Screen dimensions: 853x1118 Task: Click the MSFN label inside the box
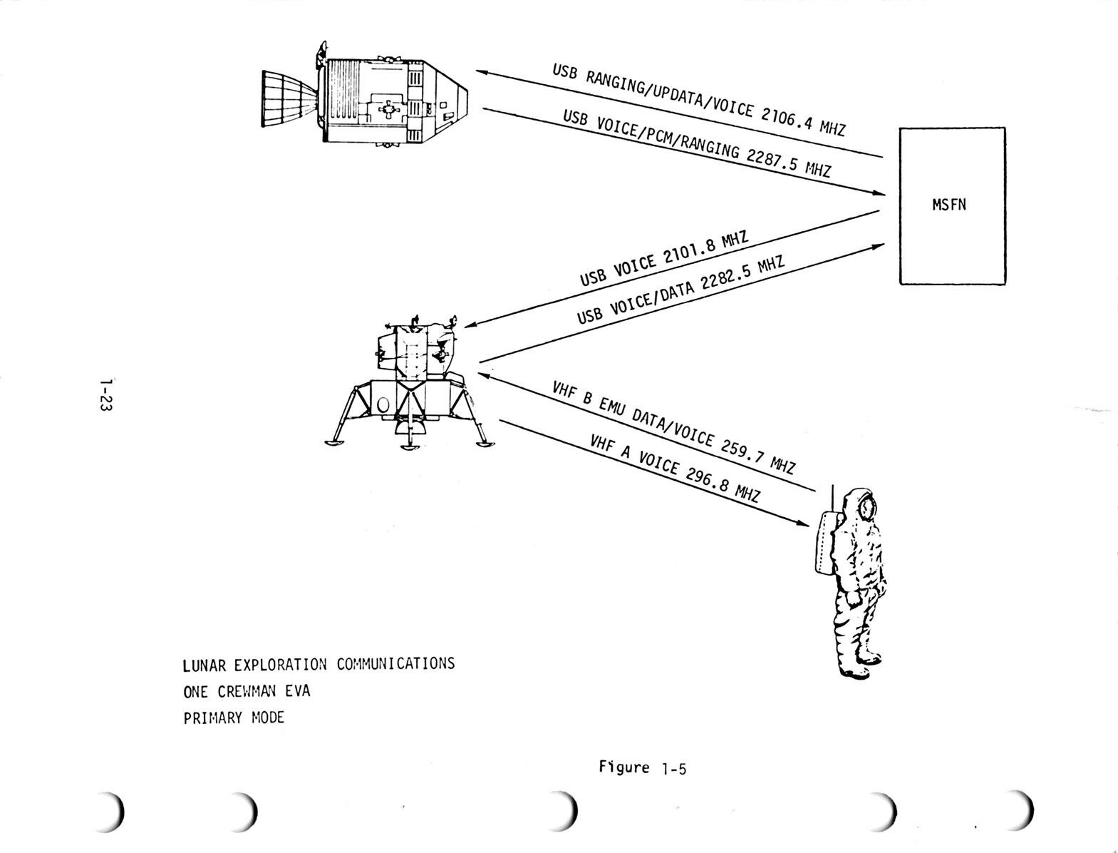pos(949,205)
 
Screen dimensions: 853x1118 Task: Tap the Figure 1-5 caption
pos(642,768)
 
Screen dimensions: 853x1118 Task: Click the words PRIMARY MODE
pos(234,718)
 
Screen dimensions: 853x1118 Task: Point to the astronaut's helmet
pos(864,506)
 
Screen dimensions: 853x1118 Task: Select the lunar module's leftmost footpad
pos(333,444)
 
